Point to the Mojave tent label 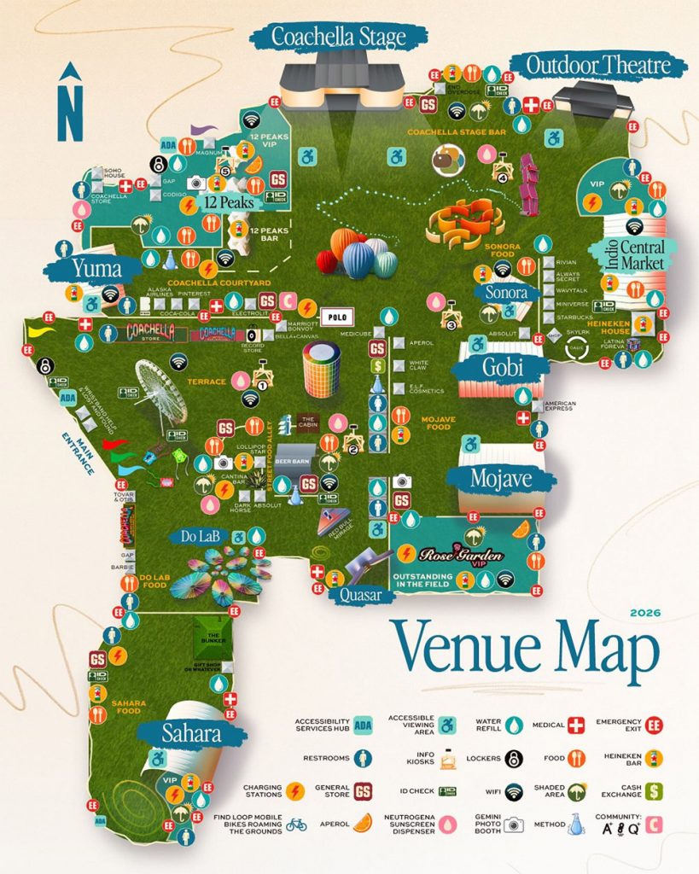click(500, 479)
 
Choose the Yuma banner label click(93, 268)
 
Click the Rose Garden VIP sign click(460, 554)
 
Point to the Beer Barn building click(292, 457)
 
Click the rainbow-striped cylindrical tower click(322, 368)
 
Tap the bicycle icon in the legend click(296, 824)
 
